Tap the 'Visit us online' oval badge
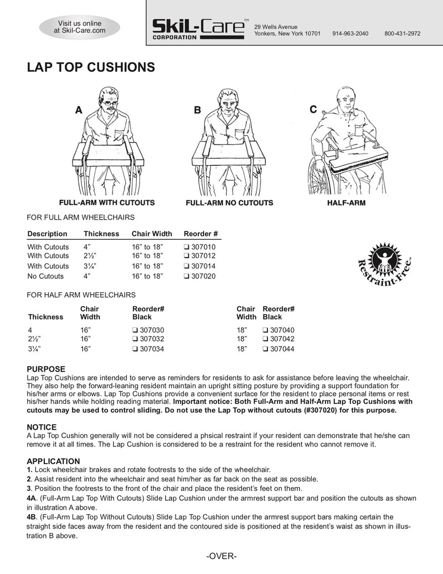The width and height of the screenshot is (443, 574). pyautogui.click(x=80, y=27)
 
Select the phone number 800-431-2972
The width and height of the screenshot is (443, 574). pyautogui.click(x=402, y=34)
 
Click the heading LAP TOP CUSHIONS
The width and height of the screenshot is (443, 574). pyautogui.click(x=91, y=68)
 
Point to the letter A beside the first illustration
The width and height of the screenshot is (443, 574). pyautogui.click(x=79, y=110)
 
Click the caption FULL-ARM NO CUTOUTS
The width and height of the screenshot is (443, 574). pyautogui.click(x=229, y=203)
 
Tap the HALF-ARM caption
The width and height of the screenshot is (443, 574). pyautogui.click(x=346, y=203)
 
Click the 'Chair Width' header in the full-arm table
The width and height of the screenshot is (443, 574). pyautogui.click(x=152, y=233)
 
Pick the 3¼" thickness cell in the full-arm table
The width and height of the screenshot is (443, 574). pyautogui.click(x=91, y=266)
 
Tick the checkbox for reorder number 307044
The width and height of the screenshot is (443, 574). pyautogui.click(x=265, y=349)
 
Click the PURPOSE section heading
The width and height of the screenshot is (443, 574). pyautogui.click(x=47, y=369)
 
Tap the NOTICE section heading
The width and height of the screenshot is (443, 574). pyautogui.click(x=42, y=427)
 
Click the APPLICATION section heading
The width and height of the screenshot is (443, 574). pyautogui.click(x=54, y=461)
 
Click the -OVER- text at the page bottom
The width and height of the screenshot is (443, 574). pyautogui.click(x=221, y=556)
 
